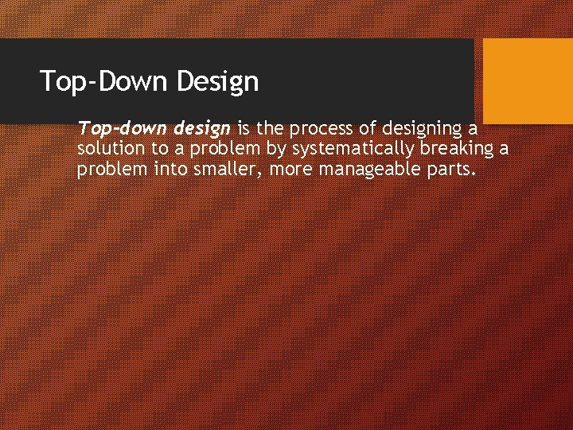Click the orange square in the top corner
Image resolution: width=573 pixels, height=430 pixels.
(x=528, y=81)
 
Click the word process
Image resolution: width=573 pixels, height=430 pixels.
(x=323, y=129)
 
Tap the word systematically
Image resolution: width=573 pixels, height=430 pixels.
(x=350, y=149)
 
